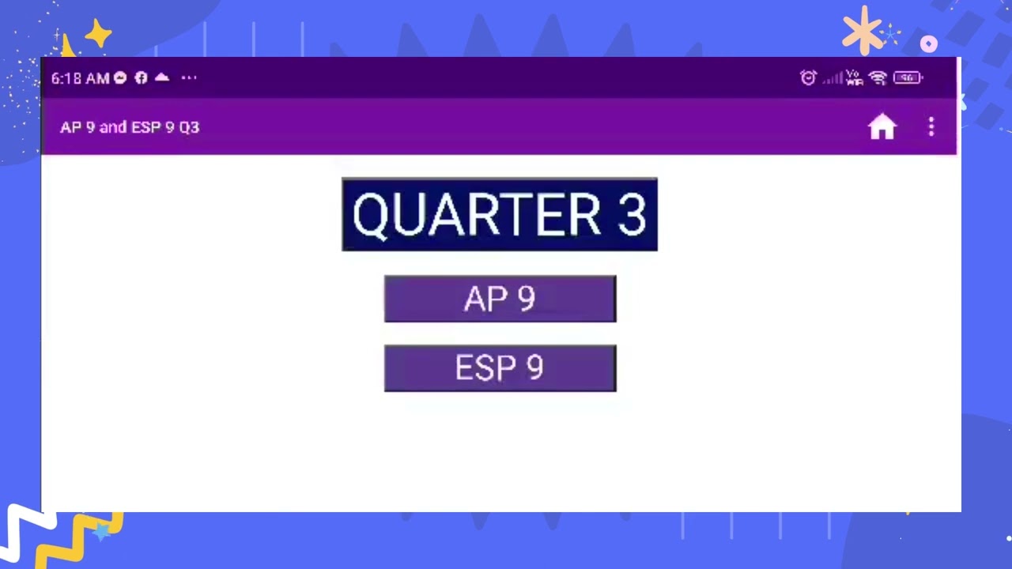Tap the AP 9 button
tap(500, 299)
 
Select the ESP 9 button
tap(500, 368)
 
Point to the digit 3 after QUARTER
tap(632, 215)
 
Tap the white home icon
tap(882, 126)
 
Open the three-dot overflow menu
tap(931, 126)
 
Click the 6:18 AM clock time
tap(80, 78)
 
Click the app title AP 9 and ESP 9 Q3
tap(130, 127)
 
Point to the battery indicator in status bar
tap(908, 77)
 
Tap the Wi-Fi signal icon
tap(877, 77)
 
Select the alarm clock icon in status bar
tap(808, 77)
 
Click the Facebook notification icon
tap(141, 77)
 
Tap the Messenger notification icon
tap(120, 77)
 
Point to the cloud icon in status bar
tap(162, 77)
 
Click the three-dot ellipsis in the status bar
tap(188, 77)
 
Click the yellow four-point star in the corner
tap(98, 35)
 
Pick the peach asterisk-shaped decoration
tap(862, 31)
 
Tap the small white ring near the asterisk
tap(929, 44)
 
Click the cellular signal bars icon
tap(832, 78)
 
